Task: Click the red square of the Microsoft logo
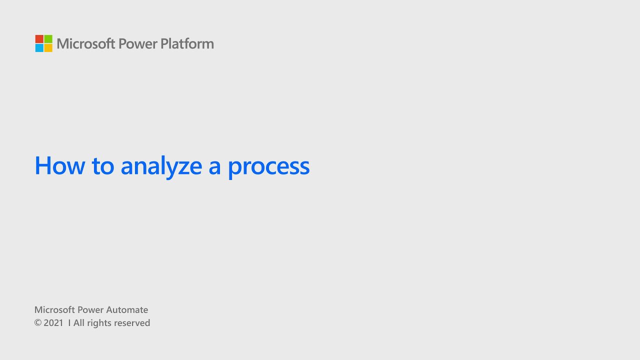click(x=39, y=39)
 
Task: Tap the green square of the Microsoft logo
click(x=48, y=39)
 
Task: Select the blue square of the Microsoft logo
click(x=39, y=48)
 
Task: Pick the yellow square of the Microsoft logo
click(x=48, y=48)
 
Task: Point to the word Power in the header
click(x=138, y=44)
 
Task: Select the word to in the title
click(x=103, y=165)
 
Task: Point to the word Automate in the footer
click(x=127, y=310)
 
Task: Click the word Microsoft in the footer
click(x=54, y=310)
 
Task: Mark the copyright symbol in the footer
click(x=37, y=323)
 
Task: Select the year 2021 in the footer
click(x=53, y=323)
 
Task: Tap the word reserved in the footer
click(x=132, y=323)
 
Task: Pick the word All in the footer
click(x=79, y=323)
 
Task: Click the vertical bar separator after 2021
click(x=69, y=323)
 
